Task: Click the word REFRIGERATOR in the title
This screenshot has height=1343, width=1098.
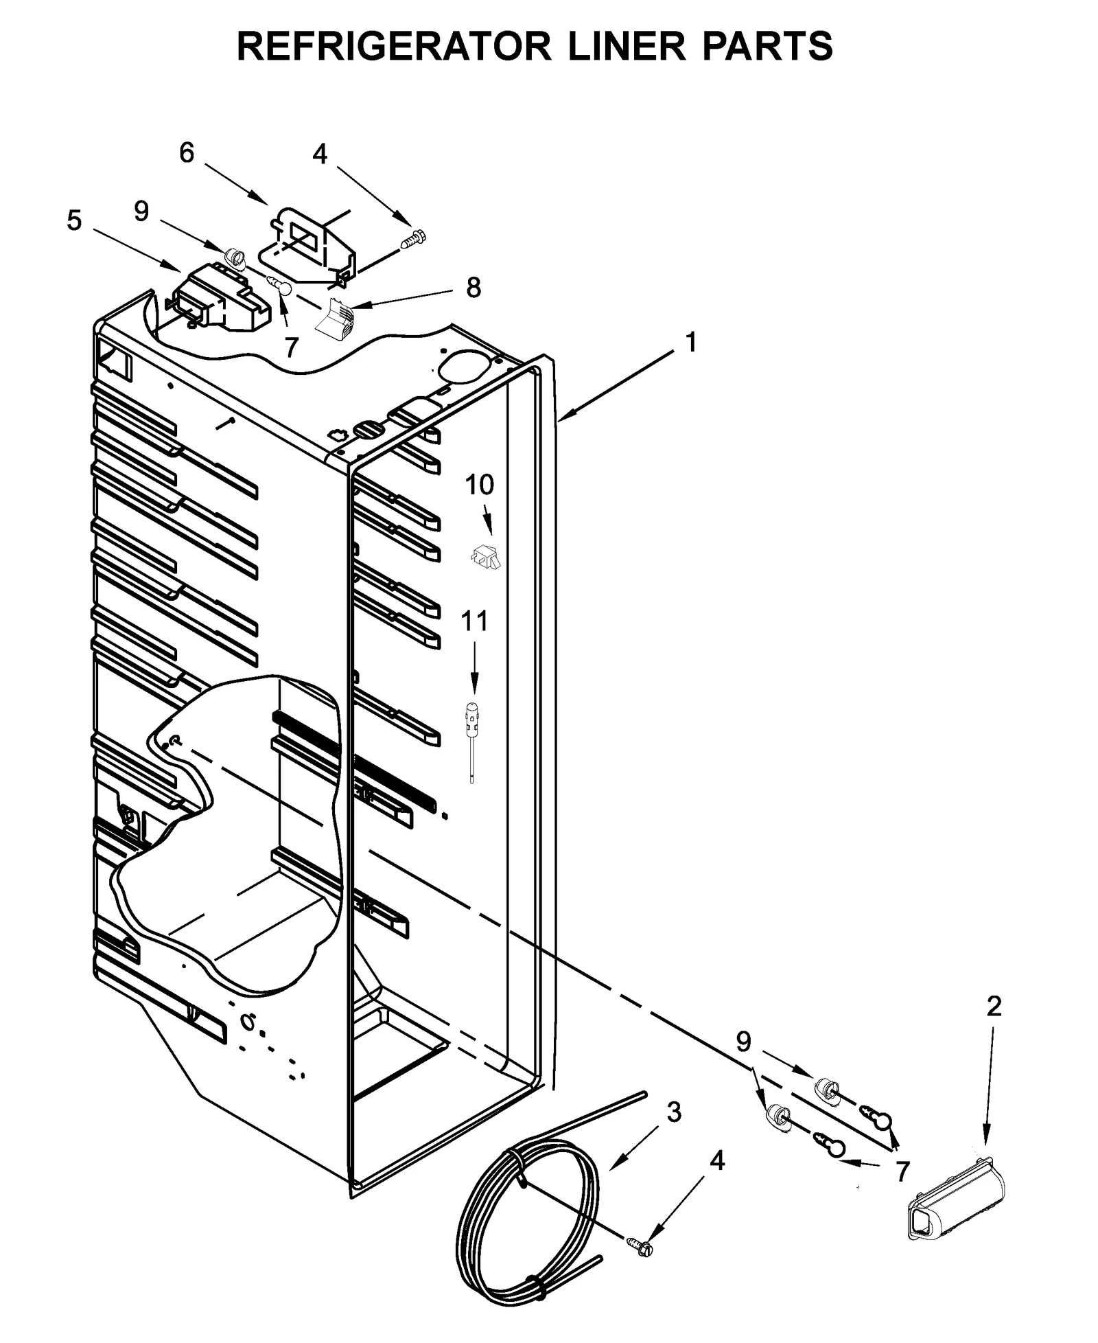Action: click(393, 47)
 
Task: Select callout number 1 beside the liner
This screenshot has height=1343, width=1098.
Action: click(690, 342)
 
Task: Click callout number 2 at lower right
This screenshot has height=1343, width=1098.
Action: click(994, 1006)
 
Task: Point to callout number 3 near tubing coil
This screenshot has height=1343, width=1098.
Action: click(674, 1112)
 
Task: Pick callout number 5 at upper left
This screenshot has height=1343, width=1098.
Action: click(74, 221)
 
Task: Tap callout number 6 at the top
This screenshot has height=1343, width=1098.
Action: click(187, 153)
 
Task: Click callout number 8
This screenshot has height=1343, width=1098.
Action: click(474, 288)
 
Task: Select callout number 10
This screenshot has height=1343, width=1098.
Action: click(479, 485)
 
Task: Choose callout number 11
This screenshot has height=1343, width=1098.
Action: click(474, 621)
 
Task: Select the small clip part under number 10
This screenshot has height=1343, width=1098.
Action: click(485, 555)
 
